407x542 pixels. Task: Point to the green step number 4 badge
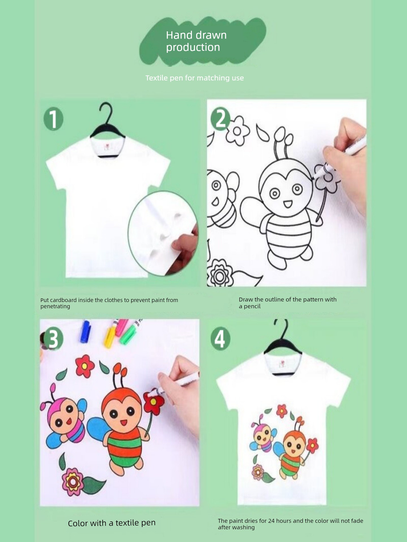pyautogui.click(x=220, y=339)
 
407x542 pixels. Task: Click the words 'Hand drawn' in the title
pyautogui.click(x=196, y=35)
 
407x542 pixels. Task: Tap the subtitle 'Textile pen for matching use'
pyautogui.click(x=194, y=78)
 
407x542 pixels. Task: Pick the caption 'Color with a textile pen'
pyautogui.click(x=112, y=523)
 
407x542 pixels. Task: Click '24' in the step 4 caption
pyautogui.click(x=271, y=521)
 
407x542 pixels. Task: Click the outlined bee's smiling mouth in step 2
pyautogui.click(x=288, y=204)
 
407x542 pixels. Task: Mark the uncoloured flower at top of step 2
pyautogui.click(x=237, y=131)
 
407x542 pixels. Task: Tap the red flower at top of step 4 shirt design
pyautogui.click(x=282, y=411)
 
